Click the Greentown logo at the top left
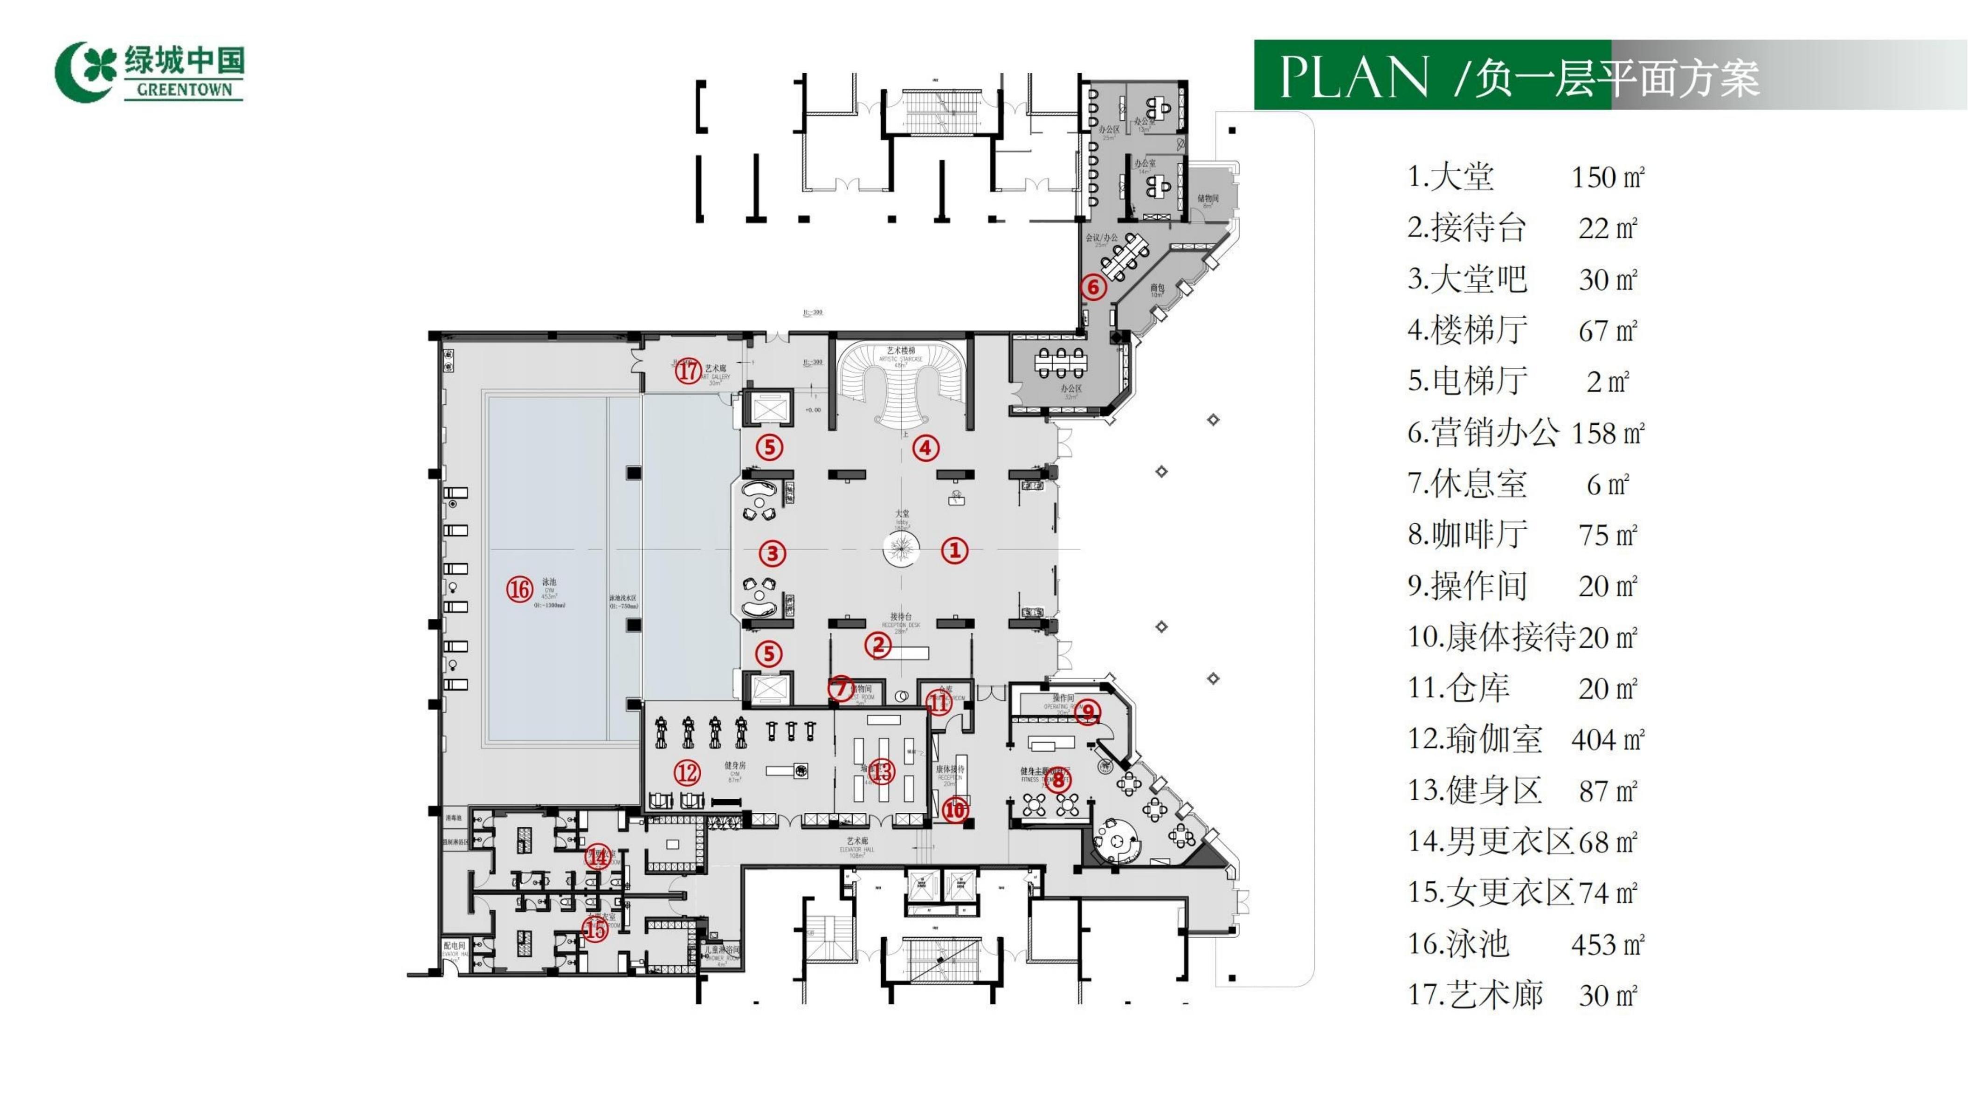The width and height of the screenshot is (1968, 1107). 150,71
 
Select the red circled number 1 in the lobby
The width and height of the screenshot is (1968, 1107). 954,550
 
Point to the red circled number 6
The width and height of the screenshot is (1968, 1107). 1093,287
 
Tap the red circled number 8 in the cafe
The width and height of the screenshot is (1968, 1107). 1058,780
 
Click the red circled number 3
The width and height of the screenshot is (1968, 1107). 773,553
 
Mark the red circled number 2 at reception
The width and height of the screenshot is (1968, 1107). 878,645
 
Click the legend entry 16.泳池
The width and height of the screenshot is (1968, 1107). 1459,944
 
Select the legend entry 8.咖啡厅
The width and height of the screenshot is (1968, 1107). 1468,535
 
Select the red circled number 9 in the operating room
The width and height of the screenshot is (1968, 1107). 1088,712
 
